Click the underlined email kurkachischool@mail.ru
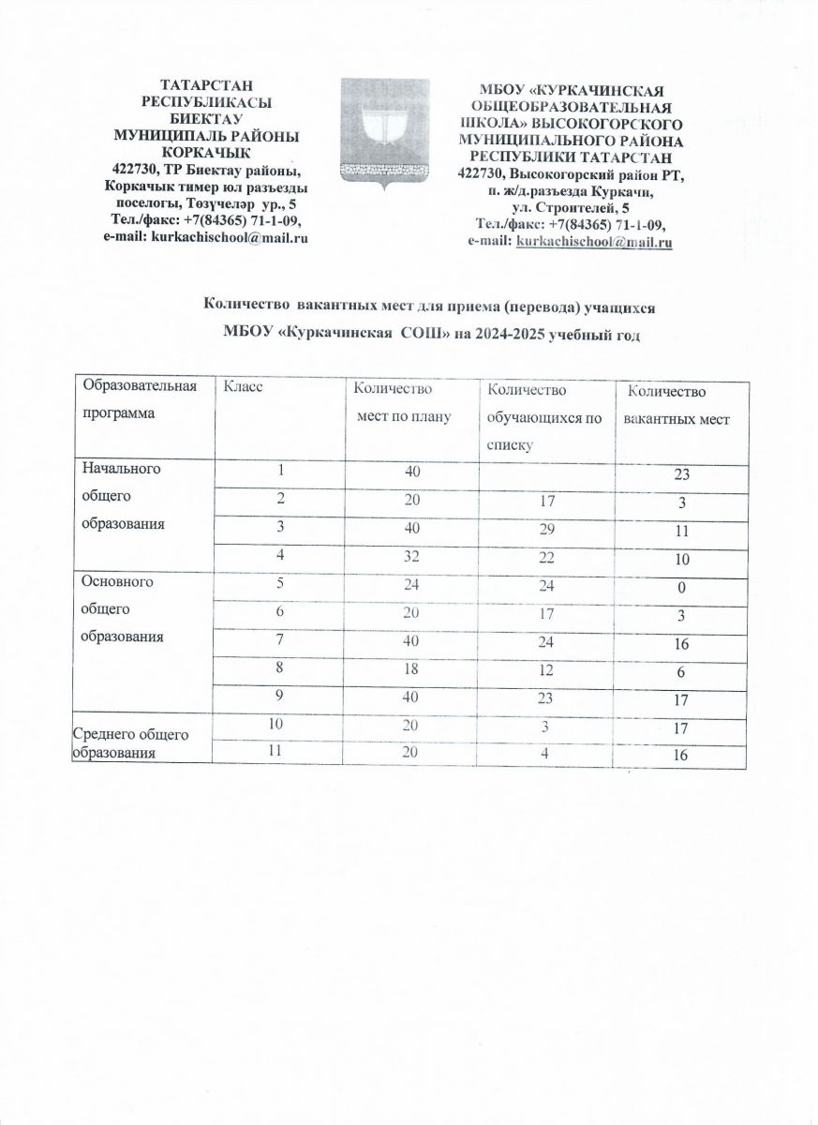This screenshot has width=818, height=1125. coord(595,243)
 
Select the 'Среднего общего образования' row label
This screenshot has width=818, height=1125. coord(130,745)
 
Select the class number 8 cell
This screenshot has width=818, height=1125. coord(278,669)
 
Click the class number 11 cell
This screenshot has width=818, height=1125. coord(278,753)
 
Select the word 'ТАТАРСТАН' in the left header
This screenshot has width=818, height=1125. coord(205,85)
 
